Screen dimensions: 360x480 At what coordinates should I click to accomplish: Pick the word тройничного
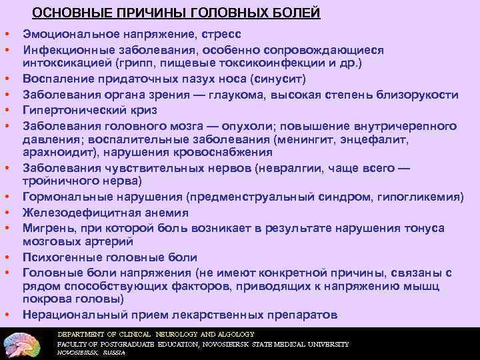pyautogui.click(x=58, y=181)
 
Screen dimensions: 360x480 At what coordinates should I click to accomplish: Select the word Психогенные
pyautogui.click(x=57, y=257)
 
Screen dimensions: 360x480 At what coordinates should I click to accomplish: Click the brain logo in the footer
pyautogui.click(x=25, y=343)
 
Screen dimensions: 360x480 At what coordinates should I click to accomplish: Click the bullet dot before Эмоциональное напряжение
pyautogui.click(x=6, y=34)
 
